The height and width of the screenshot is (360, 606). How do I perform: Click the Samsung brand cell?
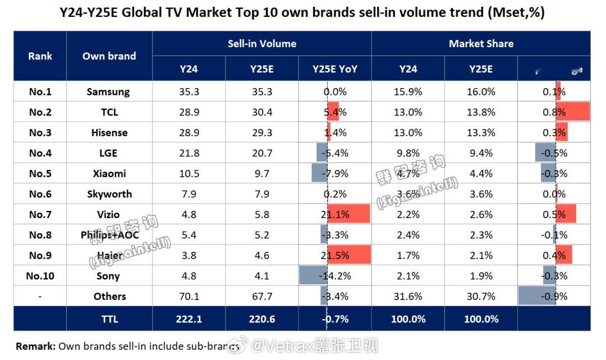(x=108, y=91)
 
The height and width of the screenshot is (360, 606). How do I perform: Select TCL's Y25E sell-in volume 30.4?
(x=261, y=112)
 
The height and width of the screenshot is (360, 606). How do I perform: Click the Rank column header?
(x=40, y=56)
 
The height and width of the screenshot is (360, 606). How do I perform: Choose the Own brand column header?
(x=109, y=56)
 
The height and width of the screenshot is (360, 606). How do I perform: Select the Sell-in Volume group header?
(x=261, y=43)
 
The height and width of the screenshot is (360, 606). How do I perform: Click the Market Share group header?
(x=481, y=43)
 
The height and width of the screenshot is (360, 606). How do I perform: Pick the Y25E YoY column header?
(x=334, y=69)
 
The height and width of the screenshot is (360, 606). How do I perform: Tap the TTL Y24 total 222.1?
(x=189, y=319)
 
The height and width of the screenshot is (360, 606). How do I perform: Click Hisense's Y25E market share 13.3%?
(x=481, y=132)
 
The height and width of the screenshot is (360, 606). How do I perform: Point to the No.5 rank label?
(x=40, y=173)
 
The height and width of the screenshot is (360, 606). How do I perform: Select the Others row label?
(x=109, y=296)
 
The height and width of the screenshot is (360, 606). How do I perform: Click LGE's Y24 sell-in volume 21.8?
(x=189, y=153)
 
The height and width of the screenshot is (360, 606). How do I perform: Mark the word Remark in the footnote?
(x=35, y=347)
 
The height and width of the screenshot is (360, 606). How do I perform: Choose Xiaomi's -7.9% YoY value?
(x=335, y=173)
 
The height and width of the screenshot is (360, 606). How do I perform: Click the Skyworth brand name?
(x=109, y=194)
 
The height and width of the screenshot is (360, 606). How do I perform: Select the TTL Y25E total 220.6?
(x=261, y=319)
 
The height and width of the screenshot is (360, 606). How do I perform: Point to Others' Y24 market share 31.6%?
(x=408, y=296)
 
